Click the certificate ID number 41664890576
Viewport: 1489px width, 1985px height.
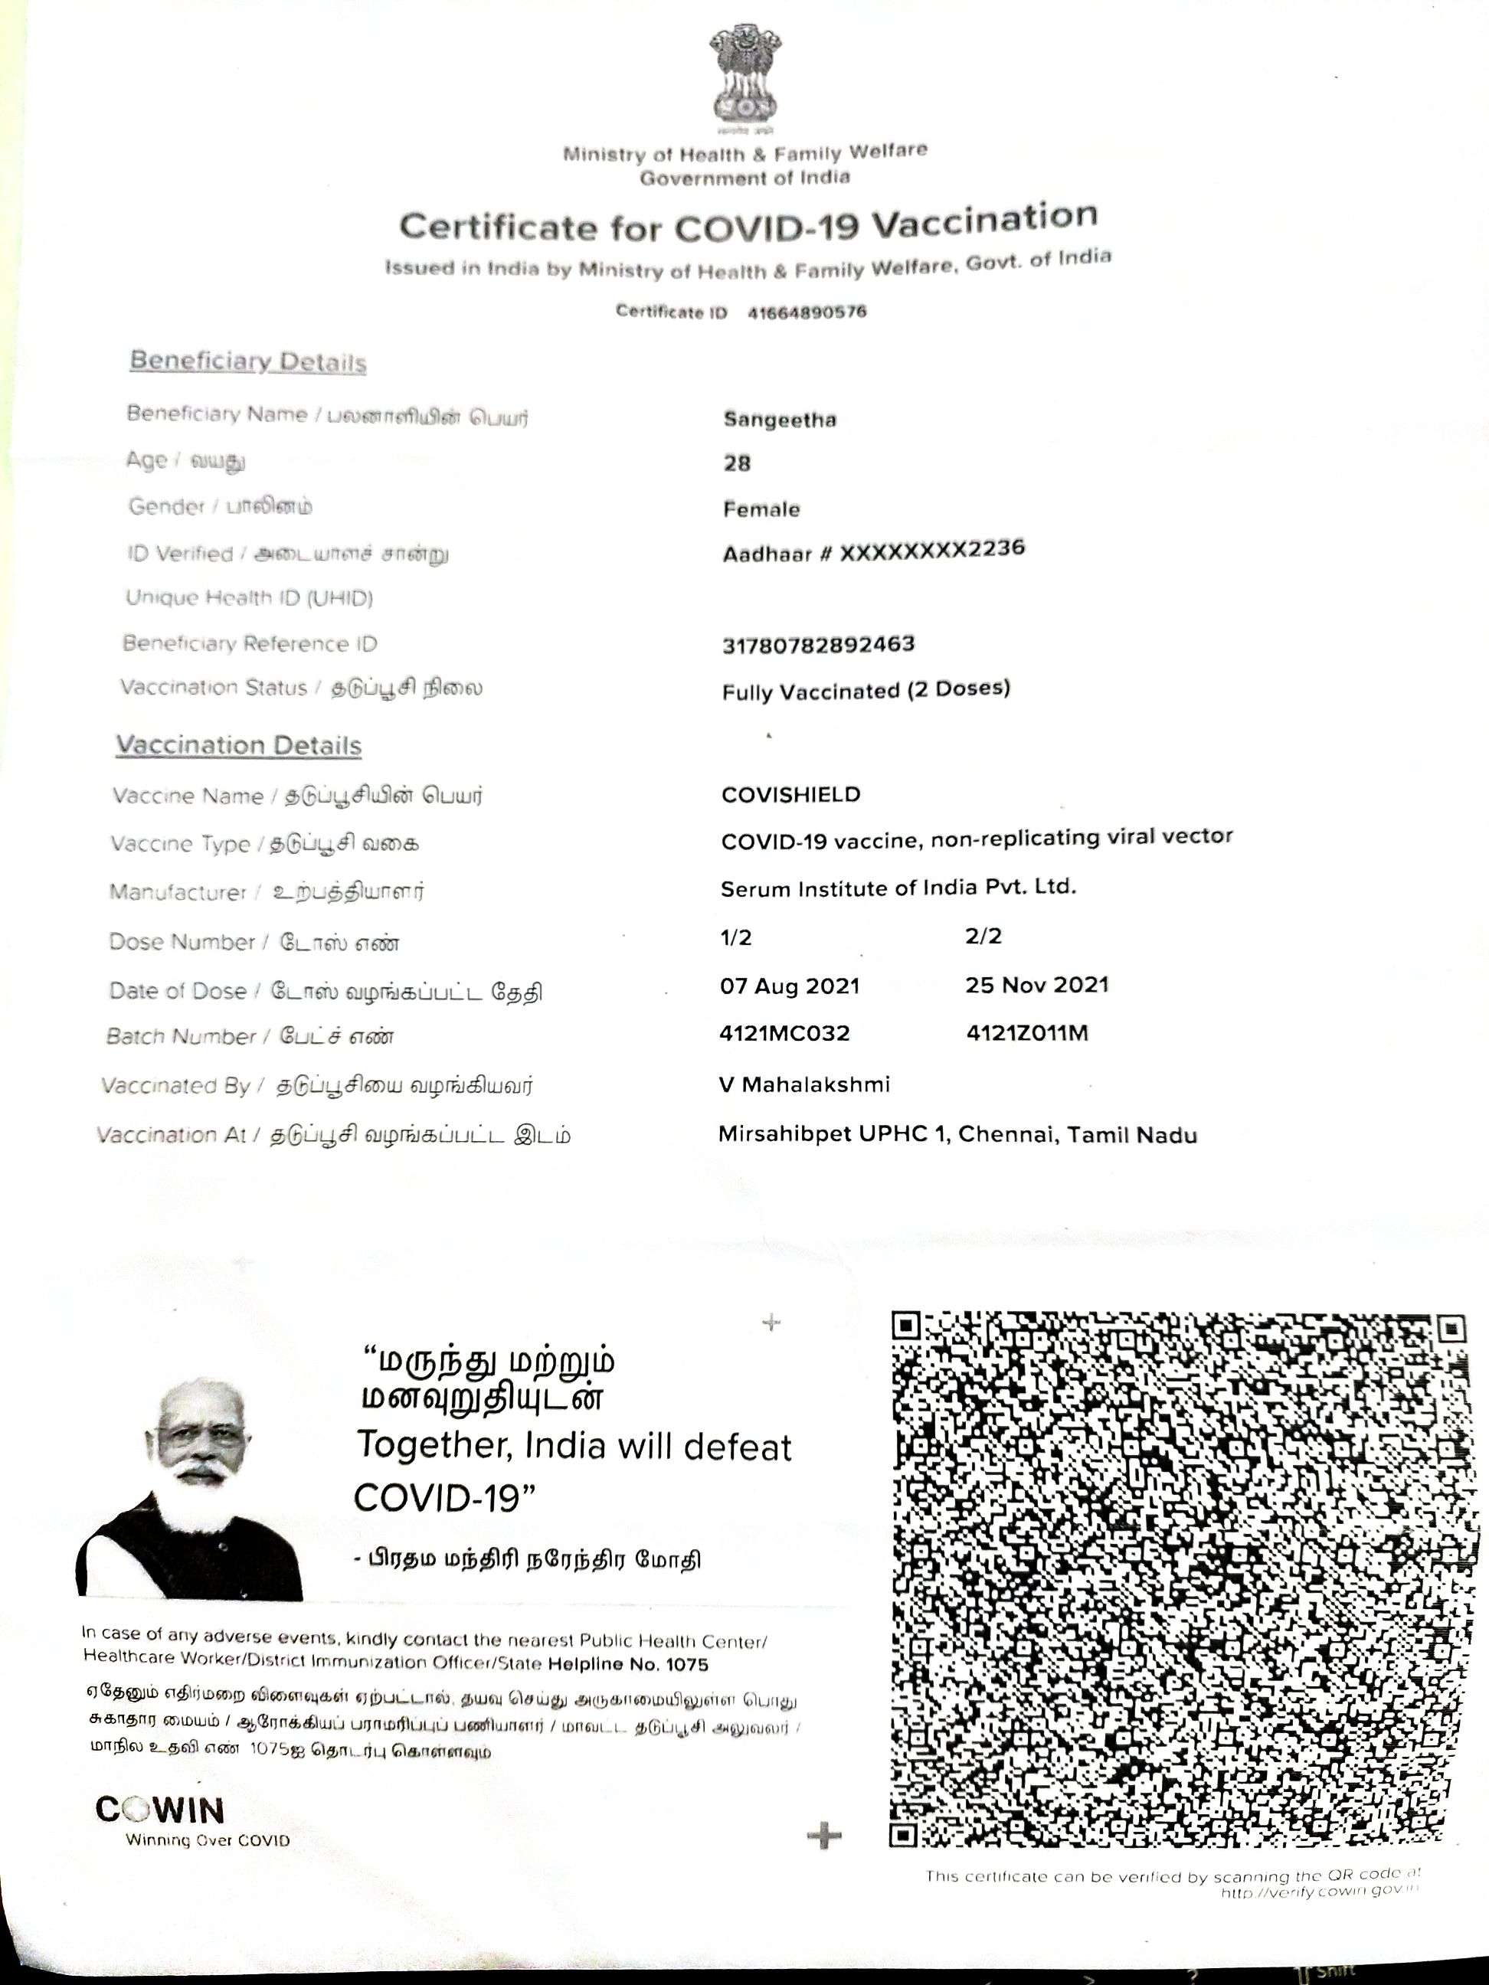tap(807, 312)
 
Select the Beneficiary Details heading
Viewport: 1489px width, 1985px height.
tap(247, 361)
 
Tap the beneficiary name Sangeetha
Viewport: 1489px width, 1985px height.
tap(779, 419)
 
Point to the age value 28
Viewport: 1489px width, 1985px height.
tap(737, 463)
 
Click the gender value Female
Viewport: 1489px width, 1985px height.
tap(761, 509)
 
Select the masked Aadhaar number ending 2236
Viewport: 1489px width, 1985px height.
tap(873, 551)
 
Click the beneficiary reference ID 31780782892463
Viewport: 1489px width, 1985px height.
tap(818, 644)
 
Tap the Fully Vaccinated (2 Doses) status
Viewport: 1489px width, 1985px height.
tap(866, 690)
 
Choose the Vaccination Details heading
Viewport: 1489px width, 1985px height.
tap(239, 746)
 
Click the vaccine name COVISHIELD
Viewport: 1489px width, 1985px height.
tap(790, 795)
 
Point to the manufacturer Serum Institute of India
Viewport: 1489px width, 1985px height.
tap(898, 888)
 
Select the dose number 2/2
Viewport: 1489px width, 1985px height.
tap(983, 936)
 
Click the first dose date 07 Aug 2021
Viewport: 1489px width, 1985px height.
tap(790, 986)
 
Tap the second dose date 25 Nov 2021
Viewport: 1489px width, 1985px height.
tap(1036, 984)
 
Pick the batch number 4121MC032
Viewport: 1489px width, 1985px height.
tap(784, 1034)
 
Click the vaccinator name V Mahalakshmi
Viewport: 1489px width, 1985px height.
tap(804, 1084)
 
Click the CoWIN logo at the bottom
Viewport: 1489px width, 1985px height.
tap(161, 1810)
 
